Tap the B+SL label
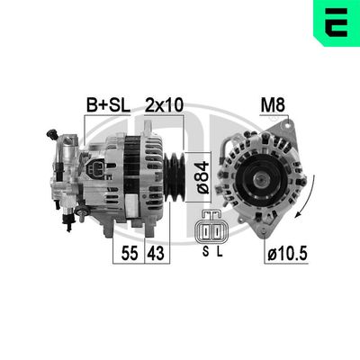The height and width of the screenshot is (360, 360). pos(107,105)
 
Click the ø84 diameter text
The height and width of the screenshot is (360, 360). pos(202,170)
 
